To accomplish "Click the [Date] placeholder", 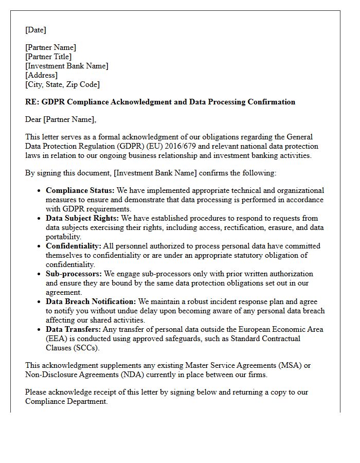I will click(x=35, y=30).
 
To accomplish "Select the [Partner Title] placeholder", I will click(x=48, y=57).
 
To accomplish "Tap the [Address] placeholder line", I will click(x=41, y=75).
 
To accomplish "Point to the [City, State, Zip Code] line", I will click(x=62, y=84).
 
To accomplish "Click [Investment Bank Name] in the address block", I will click(x=67, y=66).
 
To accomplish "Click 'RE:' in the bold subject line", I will click(x=32, y=102).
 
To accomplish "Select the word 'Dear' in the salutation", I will click(x=33, y=119).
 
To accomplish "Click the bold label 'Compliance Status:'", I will click(x=79, y=190).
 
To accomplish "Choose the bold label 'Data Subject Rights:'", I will click(x=82, y=218).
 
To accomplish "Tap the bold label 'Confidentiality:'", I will click(x=73, y=246).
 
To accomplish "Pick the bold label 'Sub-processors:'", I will click(x=74, y=274).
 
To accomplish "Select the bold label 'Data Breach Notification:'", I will click(x=91, y=301).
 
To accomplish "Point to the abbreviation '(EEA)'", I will click(x=56, y=339).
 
